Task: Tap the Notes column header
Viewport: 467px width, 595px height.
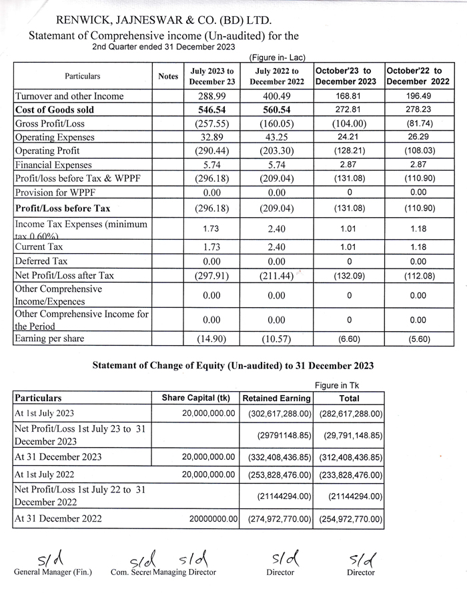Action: click(168, 77)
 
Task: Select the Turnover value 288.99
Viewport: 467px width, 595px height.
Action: click(211, 96)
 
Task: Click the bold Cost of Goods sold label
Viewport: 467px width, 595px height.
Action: click(55, 110)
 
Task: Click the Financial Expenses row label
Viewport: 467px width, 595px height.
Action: click(53, 165)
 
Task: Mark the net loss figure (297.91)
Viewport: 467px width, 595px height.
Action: click(211, 275)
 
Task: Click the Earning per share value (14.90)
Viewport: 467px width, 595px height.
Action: click(211, 339)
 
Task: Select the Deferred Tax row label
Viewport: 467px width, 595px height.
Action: click(41, 261)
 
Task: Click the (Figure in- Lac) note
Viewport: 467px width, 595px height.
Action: click(277, 58)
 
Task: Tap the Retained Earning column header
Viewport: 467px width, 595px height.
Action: click(276, 398)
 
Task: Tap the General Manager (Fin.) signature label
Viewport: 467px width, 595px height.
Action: click(53, 572)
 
